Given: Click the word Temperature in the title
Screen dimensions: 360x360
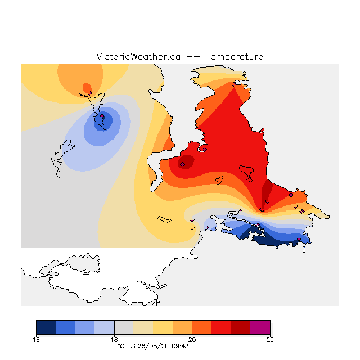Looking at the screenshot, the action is coord(234,56).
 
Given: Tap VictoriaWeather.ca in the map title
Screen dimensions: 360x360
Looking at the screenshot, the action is coord(138,56).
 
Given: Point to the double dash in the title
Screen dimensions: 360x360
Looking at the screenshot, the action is coord(193,57).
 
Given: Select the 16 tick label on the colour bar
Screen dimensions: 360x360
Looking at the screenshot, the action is coord(36,340).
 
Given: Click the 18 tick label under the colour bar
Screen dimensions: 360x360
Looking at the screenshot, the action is coord(114,340).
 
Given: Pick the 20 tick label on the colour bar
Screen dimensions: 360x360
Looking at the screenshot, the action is coord(192,340).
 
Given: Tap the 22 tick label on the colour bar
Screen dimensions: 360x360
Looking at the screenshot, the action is coord(270,340).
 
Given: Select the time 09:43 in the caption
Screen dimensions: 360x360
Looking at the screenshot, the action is coord(180,346).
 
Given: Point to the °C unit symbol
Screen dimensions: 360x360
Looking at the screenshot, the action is coord(121,346).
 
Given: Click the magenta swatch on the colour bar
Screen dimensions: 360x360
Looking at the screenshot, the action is coord(260,327).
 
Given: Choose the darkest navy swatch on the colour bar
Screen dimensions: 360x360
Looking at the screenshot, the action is coord(46,327).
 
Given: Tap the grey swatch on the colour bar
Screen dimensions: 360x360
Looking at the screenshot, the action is coord(124,327).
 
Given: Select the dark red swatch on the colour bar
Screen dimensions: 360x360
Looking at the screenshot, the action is coord(241,327).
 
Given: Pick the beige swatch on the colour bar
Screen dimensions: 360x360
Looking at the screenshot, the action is coord(143,327).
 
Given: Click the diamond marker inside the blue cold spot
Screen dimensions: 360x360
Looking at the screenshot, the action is coord(102,116).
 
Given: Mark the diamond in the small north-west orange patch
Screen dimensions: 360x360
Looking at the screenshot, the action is coord(90,93).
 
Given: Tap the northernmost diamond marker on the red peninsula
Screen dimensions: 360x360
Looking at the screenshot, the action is coord(234,85).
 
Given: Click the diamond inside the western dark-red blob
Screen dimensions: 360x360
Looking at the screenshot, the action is coord(182,164).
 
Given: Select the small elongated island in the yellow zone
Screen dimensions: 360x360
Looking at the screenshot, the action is coord(164,219).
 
